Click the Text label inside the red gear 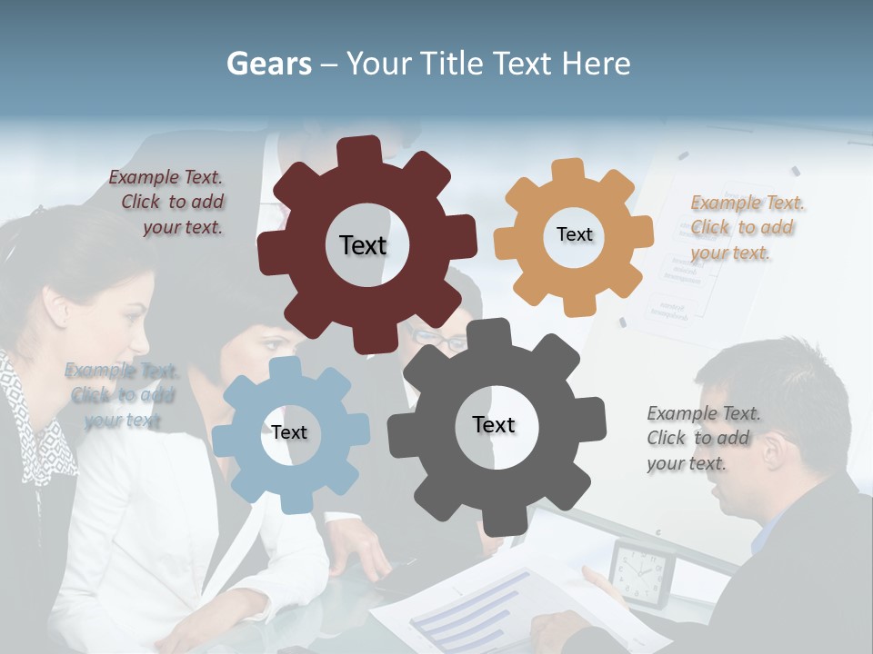pos(363,245)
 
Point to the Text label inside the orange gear pos(574,234)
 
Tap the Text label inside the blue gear pos(289,432)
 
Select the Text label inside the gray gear pos(494,425)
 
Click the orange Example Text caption pos(746,227)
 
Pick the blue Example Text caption pos(122,395)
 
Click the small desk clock pos(642,572)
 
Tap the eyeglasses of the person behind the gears pos(438,339)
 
